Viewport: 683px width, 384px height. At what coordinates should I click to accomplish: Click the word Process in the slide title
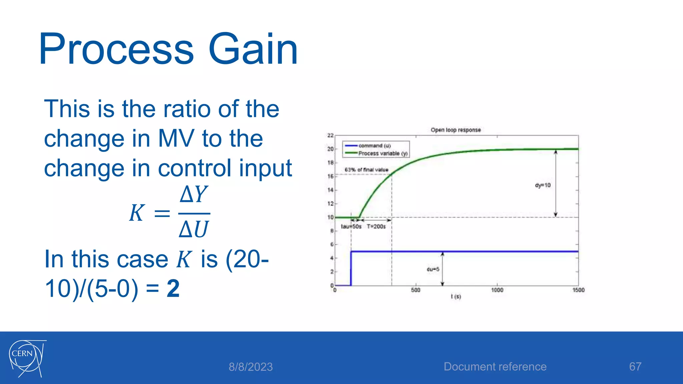(x=116, y=49)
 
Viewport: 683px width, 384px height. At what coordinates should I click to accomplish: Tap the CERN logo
(x=27, y=359)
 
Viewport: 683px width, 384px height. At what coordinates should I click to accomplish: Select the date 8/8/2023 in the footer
(x=250, y=367)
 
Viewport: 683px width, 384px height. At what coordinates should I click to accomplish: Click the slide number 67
(x=635, y=367)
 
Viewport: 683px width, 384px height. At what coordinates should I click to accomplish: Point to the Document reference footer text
(x=495, y=367)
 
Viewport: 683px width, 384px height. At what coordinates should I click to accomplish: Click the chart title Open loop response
(x=456, y=130)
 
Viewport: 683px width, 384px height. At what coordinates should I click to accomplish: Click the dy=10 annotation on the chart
(x=543, y=185)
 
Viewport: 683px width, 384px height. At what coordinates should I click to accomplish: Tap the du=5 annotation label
(x=433, y=269)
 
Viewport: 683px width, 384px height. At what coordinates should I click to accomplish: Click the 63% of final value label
(x=367, y=170)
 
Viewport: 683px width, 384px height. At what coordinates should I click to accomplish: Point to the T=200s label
(x=376, y=227)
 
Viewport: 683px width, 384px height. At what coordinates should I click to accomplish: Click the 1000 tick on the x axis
(x=497, y=290)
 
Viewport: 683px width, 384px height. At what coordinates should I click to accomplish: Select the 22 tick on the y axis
(x=330, y=135)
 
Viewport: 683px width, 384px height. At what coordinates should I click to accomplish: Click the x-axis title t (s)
(x=456, y=296)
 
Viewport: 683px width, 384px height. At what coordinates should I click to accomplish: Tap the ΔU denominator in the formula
(x=194, y=229)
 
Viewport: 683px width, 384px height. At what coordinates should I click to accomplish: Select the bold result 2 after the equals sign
(x=173, y=289)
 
